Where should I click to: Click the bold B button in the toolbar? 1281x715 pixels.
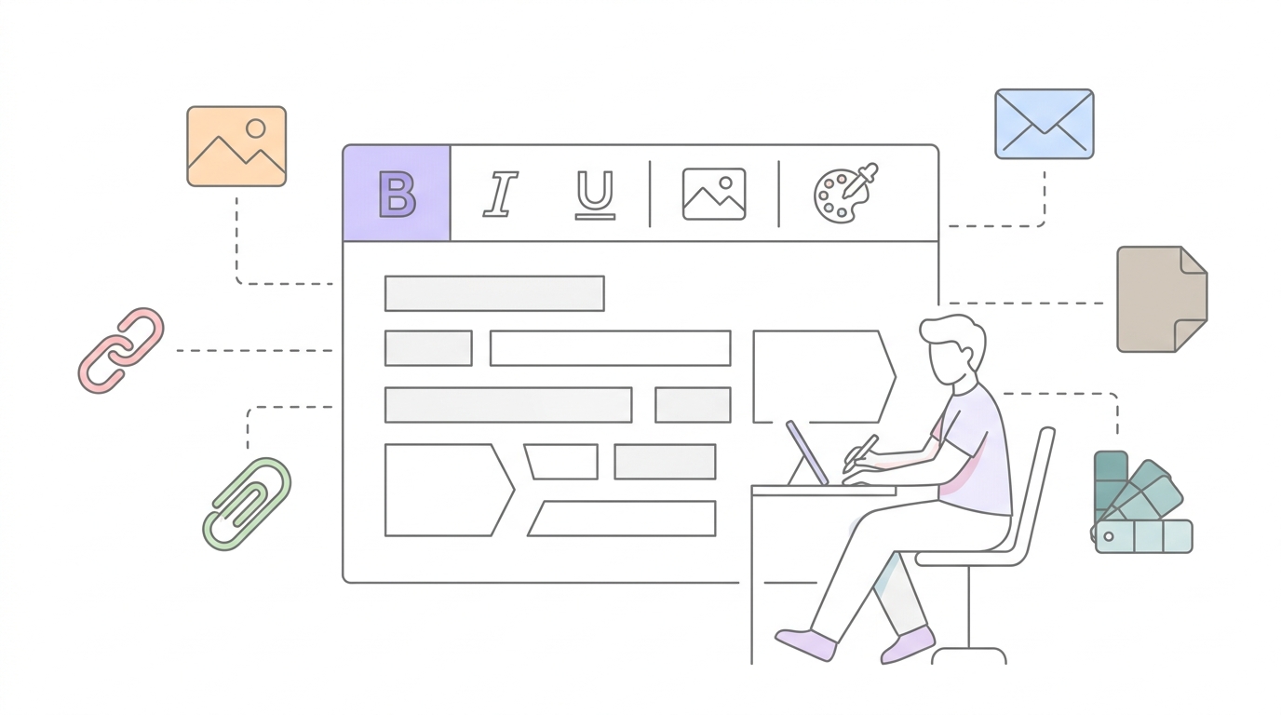[x=397, y=194]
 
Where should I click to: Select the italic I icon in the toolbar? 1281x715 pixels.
[x=501, y=195]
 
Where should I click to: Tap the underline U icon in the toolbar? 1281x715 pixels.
[x=595, y=195]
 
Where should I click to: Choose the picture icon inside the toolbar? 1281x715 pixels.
[x=714, y=194]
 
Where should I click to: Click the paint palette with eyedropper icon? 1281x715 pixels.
[x=845, y=193]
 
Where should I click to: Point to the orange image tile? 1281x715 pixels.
[x=236, y=146]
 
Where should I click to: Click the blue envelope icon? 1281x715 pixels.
[x=1045, y=124]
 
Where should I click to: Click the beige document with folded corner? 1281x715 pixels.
[x=1161, y=299]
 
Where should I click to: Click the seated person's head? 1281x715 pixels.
[x=952, y=349]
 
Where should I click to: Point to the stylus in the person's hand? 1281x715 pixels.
[x=860, y=452]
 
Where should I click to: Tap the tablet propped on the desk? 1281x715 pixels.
[x=806, y=452]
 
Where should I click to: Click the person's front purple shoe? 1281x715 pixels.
[x=806, y=644]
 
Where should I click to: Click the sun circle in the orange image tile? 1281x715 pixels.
[x=256, y=128]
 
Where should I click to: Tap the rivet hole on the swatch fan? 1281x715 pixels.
[x=1108, y=536]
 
